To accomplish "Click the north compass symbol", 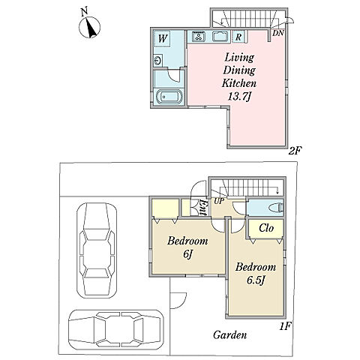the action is [x=89, y=27].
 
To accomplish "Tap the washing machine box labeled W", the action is [x=162, y=38].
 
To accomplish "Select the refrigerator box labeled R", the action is [x=238, y=37].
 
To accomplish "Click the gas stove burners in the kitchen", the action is [x=199, y=37].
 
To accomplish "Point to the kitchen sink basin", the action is [x=220, y=37].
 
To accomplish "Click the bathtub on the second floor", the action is [x=169, y=97].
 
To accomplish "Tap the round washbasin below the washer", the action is [x=158, y=61].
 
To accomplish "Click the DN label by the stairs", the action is [x=278, y=33].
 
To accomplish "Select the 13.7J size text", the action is [x=239, y=96].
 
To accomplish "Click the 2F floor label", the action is [x=295, y=151].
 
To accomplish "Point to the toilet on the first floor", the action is [x=276, y=207].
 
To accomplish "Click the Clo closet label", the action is [x=266, y=228].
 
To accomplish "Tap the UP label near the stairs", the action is [x=218, y=201].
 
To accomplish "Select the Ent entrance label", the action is [x=203, y=207].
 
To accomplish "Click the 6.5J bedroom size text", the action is [x=256, y=280].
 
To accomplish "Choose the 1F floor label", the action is [x=285, y=326].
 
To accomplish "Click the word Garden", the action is [x=229, y=334].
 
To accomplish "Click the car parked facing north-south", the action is [x=97, y=250].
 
